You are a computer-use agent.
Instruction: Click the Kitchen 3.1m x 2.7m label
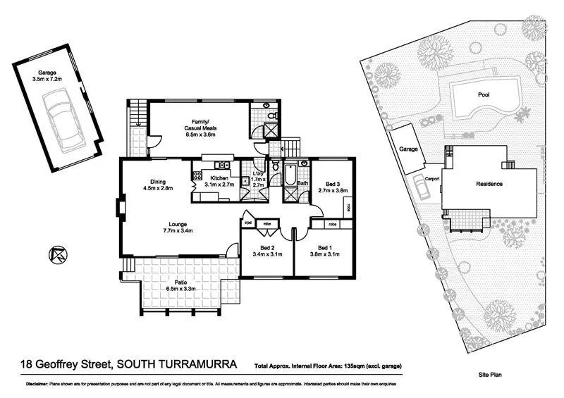(x=219, y=182)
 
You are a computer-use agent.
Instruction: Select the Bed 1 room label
(x=324, y=251)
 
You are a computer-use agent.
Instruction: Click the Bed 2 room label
(x=267, y=251)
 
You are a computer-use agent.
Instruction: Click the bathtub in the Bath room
(x=290, y=173)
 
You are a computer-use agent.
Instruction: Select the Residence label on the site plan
(x=488, y=184)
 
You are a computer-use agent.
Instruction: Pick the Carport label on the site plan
(x=432, y=179)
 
